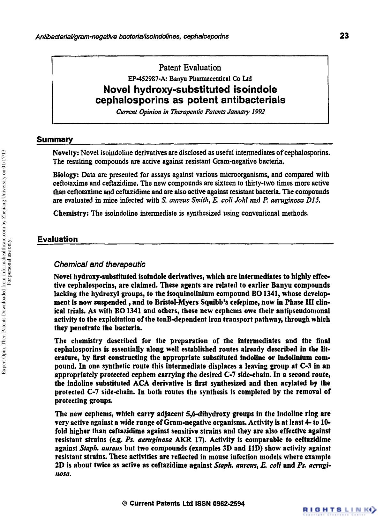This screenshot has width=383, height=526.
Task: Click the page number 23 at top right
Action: pos(344,36)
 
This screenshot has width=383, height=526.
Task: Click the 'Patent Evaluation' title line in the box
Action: pos(190,68)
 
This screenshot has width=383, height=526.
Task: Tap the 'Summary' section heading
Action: pos(55,140)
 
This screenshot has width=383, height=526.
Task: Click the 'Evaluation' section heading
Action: pos(57,239)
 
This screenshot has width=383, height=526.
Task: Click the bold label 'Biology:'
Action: pos(66,175)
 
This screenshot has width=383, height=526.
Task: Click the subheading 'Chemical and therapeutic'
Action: pos(100,264)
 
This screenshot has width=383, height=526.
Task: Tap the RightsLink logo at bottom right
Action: pos(339,509)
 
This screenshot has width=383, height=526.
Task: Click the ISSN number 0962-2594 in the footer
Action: pos(229,504)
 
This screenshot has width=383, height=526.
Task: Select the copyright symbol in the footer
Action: pos(125,504)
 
